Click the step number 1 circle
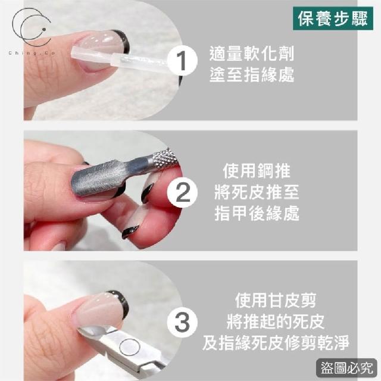point(182,61)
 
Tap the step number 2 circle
point(182,192)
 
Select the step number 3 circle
point(182,323)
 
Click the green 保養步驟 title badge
point(333,18)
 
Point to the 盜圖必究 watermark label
point(346,368)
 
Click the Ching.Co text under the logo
point(32,53)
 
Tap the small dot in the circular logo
point(44,30)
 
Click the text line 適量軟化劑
point(252,54)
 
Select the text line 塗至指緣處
point(252,74)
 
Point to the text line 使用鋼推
point(257,171)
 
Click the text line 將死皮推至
point(257,192)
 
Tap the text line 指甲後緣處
point(257,213)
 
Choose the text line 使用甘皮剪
point(276,301)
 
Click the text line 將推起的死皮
point(276,321)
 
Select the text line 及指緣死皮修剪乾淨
point(276,343)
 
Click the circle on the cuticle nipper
point(130,347)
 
